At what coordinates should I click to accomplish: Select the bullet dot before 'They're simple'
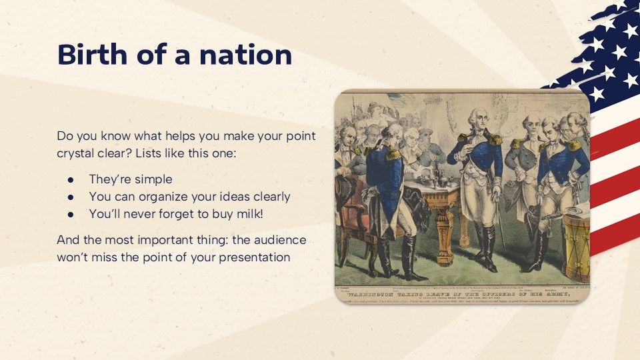coord(71,179)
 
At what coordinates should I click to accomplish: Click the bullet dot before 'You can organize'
coord(71,197)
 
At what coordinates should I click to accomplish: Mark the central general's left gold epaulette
coord(494,139)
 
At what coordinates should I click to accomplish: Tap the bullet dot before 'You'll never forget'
coord(71,214)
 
